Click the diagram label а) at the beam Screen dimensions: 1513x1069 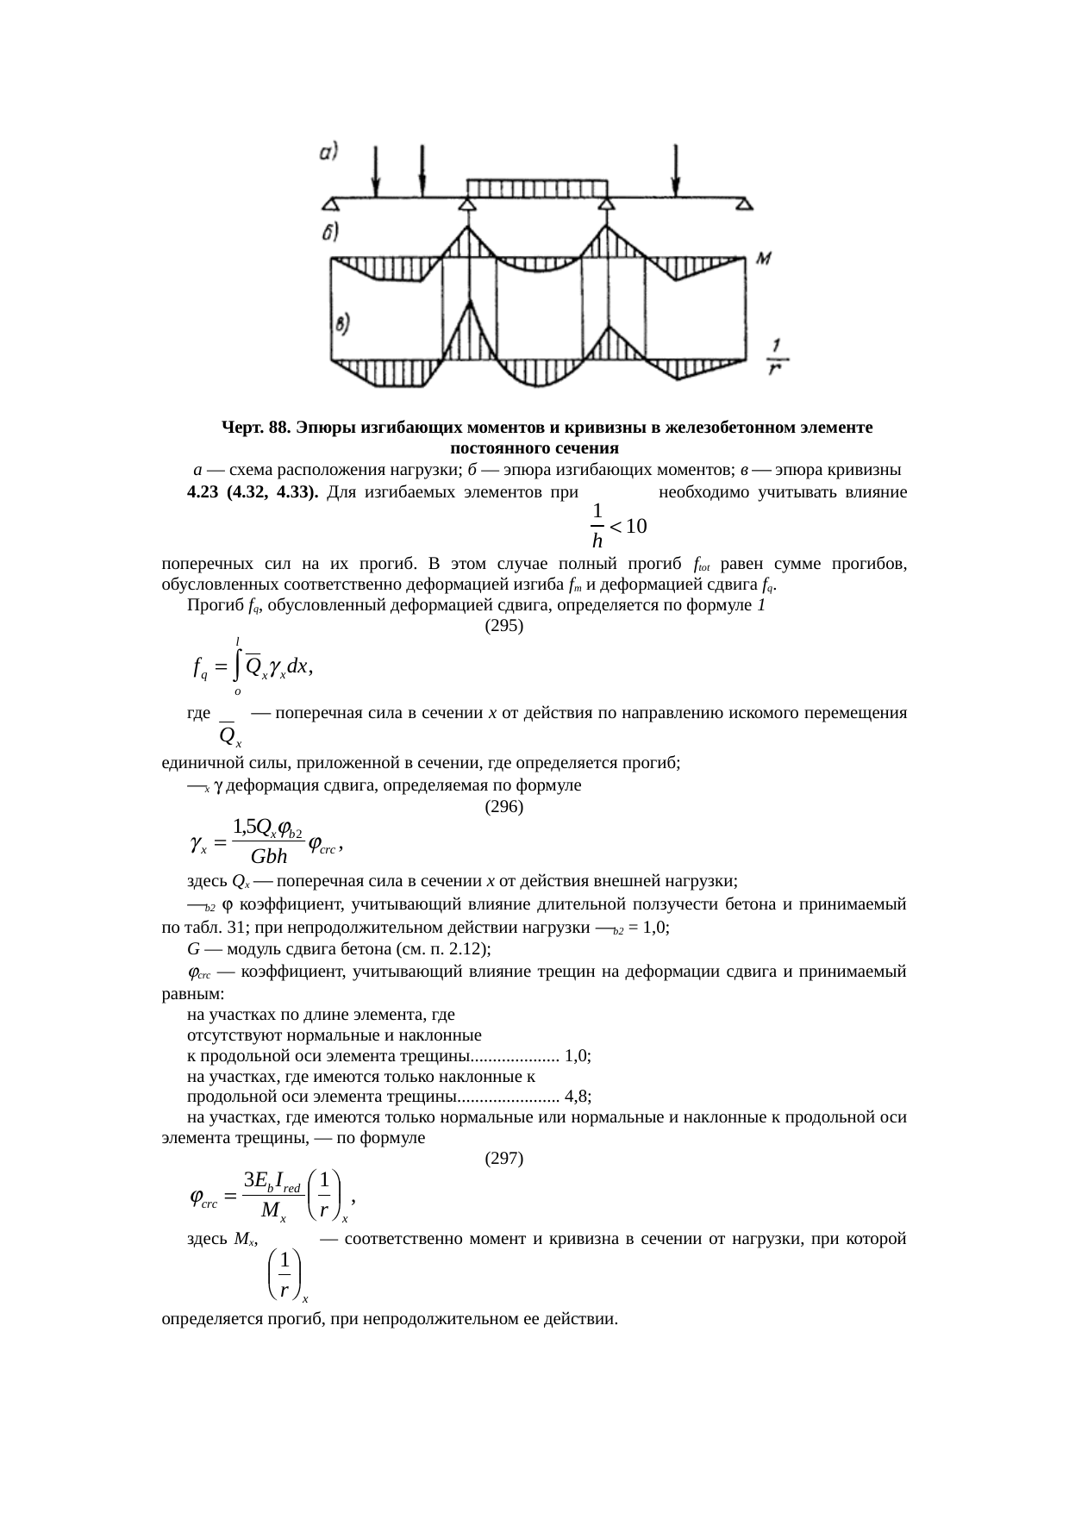[327, 152]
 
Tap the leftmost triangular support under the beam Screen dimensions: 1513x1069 [330, 204]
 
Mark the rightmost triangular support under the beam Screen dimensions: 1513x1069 [744, 204]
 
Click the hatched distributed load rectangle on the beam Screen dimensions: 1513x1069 [537, 188]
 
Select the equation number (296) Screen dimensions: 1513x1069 [504, 807]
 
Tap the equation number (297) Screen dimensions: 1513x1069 [504, 1159]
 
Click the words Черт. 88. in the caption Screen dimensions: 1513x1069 [253, 428]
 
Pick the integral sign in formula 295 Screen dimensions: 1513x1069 [236, 666]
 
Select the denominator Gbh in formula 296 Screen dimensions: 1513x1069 [269, 856]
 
